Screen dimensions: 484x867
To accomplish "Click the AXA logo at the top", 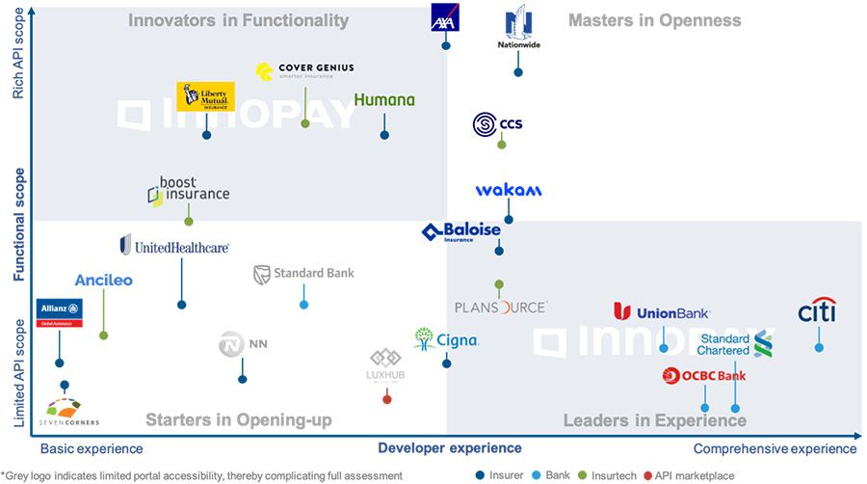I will (x=445, y=18).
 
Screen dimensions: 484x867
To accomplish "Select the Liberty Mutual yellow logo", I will (x=205, y=96).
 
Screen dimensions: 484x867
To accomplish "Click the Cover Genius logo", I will (x=304, y=71).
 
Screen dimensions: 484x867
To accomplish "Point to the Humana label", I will (x=384, y=100).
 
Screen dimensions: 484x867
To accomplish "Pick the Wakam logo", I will (x=509, y=190).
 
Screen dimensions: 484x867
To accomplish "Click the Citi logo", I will (x=817, y=311).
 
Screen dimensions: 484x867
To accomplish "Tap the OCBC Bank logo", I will (x=704, y=375).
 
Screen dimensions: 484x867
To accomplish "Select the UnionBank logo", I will (x=662, y=312).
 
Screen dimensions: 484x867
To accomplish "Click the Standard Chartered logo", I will (x=737, y=344).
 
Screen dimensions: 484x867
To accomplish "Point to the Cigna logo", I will (x=445, y=339).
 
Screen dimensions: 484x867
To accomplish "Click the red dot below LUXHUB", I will (x=387, y=399).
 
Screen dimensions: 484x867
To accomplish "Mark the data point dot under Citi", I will (x=819, y=347).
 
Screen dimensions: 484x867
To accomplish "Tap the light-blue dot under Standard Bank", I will (x=303, y=305).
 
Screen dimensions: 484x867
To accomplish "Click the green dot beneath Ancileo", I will (x=103, y=336).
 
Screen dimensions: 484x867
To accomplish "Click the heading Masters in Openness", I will (x=654, y=20).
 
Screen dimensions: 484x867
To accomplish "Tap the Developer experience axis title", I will (x=449, y=447).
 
